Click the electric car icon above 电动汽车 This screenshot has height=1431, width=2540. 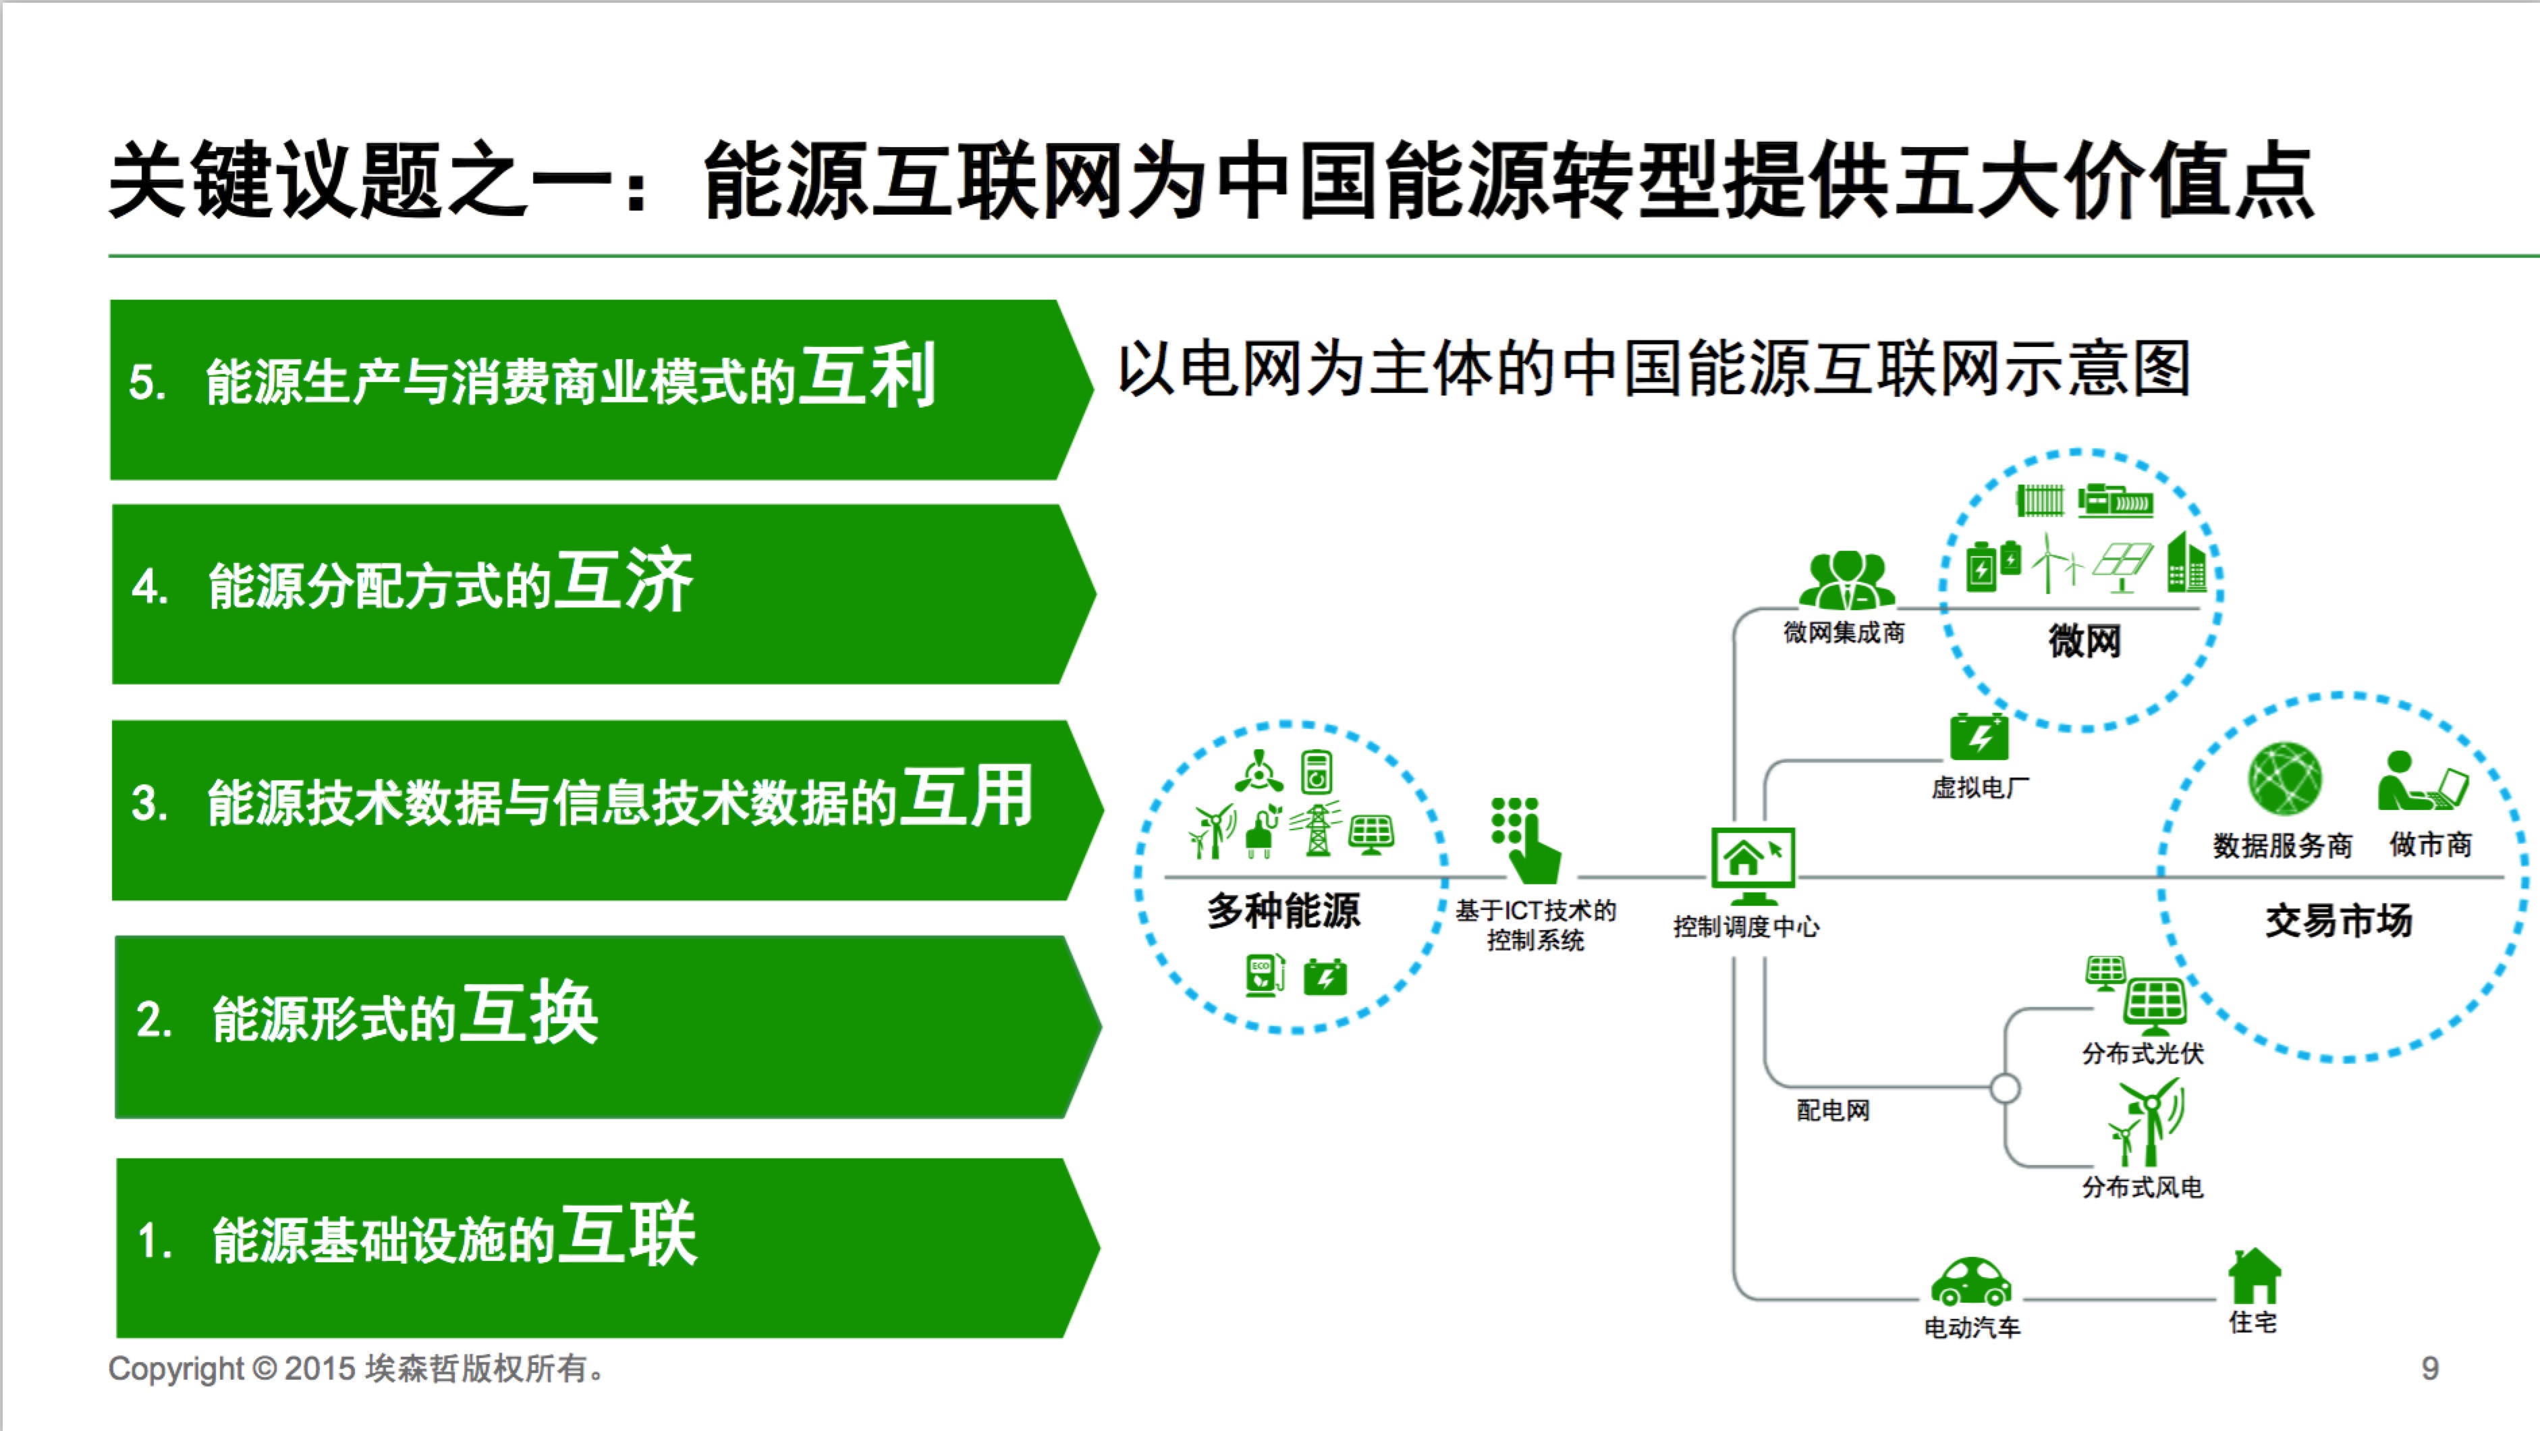click(x=1970, y=1282)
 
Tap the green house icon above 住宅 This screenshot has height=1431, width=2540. click(x=2254, y=1276)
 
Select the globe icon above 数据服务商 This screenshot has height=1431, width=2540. click(x=2285, y=779)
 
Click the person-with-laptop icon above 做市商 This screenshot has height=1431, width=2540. click(x=2422, y=782)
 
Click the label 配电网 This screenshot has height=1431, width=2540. click(x=1832, y=1110)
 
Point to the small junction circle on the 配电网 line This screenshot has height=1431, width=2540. click(x=2005, y=1089)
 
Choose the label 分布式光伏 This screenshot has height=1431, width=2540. click(x=2142, y=1053)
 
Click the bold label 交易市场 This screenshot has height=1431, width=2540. click(x=2338, y=921)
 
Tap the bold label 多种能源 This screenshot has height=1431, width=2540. click(x=1283, y=911)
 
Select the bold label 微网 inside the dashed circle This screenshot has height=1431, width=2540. click(x=2083, y=641)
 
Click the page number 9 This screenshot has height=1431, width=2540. click(x=2429, y=1368)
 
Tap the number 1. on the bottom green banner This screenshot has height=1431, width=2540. click(x=155, y=1241)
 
